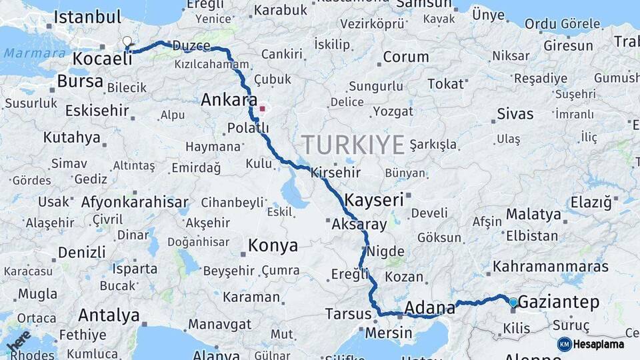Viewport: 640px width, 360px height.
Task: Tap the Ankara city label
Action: tap(229, 101)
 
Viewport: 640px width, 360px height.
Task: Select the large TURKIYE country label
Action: tap(353, 145)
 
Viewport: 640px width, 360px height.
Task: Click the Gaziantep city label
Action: tap(558, 303)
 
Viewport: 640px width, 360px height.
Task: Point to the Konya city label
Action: tap(273, 246)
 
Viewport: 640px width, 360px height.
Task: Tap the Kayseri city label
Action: tap(374, 199)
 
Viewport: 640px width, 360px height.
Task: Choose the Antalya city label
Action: tap(109, 315)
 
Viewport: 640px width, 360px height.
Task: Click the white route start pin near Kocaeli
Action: tap(127, 42)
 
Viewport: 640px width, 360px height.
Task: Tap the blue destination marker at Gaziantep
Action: tap(513, 303)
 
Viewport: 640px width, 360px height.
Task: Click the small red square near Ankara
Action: tap(263, 109)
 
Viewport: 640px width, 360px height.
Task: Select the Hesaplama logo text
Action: tap(598, 345)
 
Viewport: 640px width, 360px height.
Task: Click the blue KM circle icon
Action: tap(564, 344)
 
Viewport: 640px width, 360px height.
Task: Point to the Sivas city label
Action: tap(515, 115)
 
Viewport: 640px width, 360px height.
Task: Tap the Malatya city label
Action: tap(533, 215)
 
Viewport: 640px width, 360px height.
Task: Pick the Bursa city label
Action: tap(80, 82)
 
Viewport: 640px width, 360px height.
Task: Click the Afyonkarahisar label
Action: tap(135, 201)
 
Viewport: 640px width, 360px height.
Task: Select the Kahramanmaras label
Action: tap(551, 267)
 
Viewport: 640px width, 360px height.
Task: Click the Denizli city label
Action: tap(81, 253)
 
